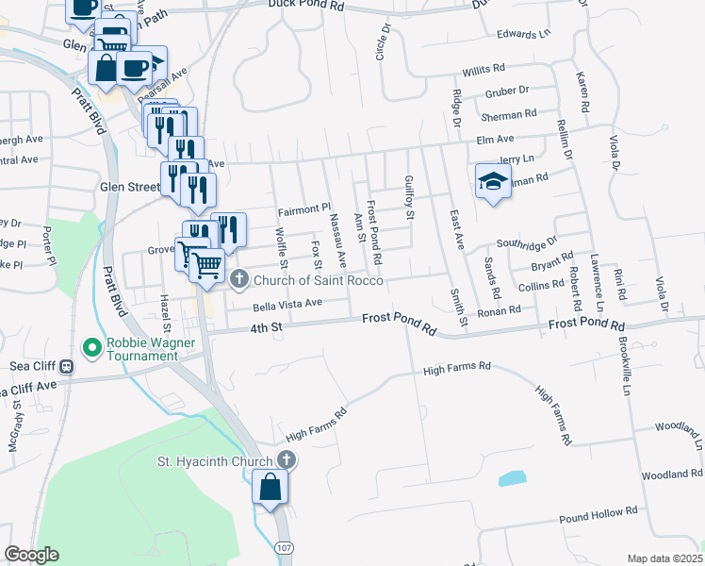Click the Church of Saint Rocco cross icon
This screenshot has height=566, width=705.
(x=239, y=278)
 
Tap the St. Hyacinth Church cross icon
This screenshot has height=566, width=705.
(x=287, y=460)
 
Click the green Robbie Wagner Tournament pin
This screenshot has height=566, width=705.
(x=92, y=348)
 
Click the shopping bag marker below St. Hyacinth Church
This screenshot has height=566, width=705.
(x=271, y=489)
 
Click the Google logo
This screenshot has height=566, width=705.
(x=31, y=555)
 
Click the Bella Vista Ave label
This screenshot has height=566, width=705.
(x=287, y=304)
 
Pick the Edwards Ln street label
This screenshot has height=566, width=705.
(x=523, y=34)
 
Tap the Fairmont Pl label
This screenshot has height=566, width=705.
(x=304, y=208)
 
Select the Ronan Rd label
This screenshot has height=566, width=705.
(x=500, y=309)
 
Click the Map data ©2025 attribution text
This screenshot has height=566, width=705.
(x=664, y=558)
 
